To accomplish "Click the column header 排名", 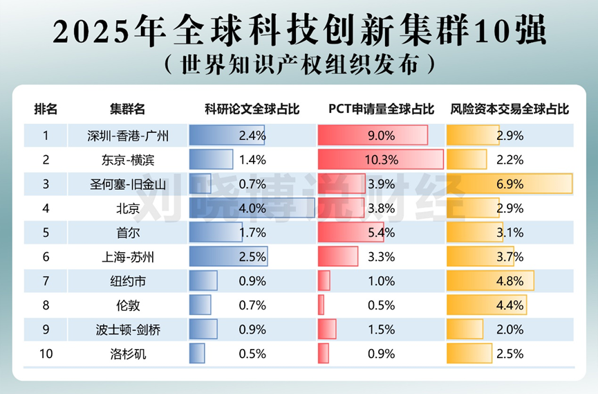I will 46,109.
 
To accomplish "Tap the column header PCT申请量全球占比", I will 381,109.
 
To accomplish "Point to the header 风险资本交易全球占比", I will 510,109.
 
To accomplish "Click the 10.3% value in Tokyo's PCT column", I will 381,160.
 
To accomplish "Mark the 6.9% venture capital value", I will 510,184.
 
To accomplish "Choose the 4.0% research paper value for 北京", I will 252,208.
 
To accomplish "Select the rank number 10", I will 46,354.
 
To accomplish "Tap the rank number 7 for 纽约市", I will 46,281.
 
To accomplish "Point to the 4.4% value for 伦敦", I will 510,305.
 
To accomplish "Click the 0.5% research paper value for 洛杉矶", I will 252,354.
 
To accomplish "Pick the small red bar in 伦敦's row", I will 321,305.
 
